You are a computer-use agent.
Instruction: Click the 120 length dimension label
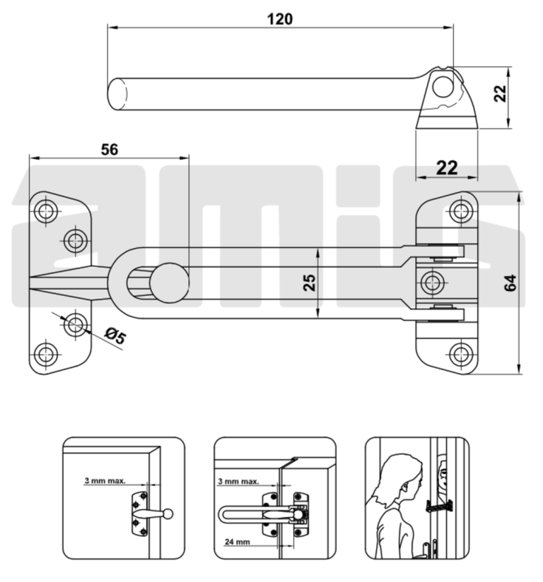pyautogui.click(x=280, y=19)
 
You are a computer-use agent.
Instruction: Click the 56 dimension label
pyautogui.click(x=109, y=148)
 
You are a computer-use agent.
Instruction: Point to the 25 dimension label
pyautogui.click(x=310, y=283)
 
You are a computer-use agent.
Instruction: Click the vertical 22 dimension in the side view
pyautogui.click(x=501, y=93)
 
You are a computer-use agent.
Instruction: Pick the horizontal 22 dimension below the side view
pyautogui.click(x=447, y=167)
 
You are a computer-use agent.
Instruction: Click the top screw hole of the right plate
pyautogui.click(x=461, y=210)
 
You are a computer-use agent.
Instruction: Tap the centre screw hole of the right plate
pyautogui.click(x=431, y=283)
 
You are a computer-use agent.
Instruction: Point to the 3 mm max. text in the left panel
pyautogui.click(x=105, y=481)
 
